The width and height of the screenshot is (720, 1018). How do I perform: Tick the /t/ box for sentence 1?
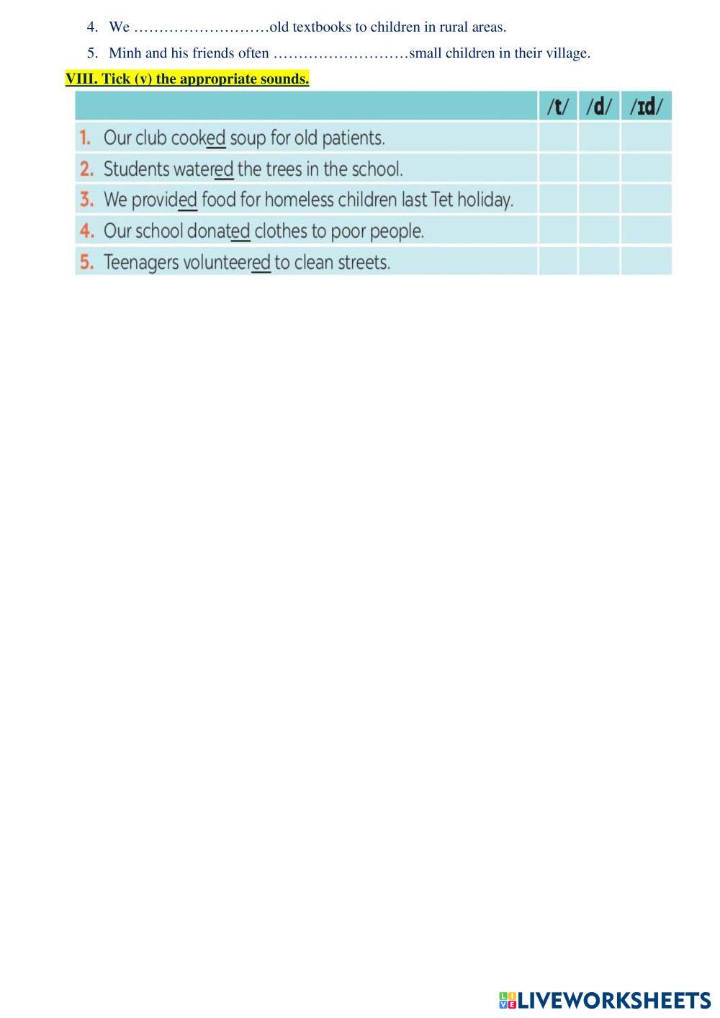click(558, 137)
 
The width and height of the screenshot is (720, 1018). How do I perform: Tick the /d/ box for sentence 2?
click(599, 169)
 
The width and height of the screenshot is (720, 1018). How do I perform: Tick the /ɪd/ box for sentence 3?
click(646, 200)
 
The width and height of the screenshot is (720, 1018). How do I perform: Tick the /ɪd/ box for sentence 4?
click(646, 231)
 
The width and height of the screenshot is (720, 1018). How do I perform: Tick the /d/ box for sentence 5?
click(599, 262)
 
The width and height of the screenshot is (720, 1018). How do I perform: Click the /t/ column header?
click(558, 107)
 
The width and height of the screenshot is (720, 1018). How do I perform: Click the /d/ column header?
click(599, 107)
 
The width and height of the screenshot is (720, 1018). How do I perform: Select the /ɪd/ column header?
click(646, 107)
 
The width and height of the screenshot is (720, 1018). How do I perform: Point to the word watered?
click(204, 169)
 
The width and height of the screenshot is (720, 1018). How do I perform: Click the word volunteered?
click(227, 262)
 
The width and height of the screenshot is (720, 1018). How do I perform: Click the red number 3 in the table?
click(86, 200)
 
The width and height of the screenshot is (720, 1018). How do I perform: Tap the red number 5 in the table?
click(86, 262)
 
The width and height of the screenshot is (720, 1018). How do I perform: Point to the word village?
click(567, 53)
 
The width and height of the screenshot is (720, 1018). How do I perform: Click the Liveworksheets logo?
click(605, 1000)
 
